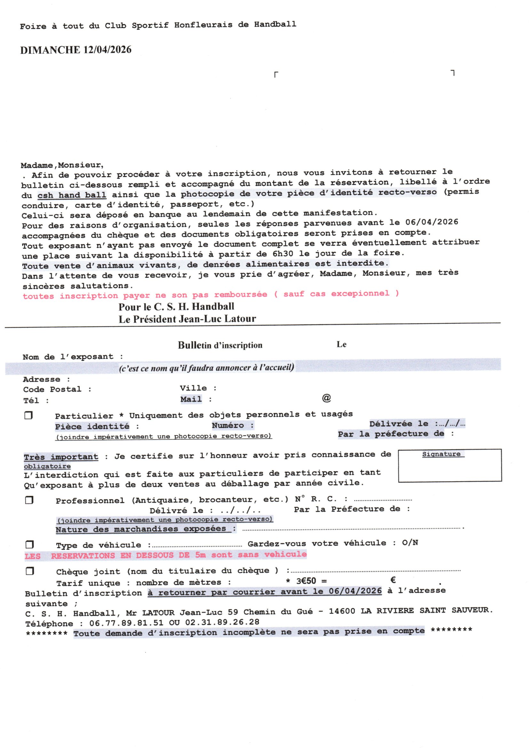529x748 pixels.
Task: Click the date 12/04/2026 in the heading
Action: coord(107,50)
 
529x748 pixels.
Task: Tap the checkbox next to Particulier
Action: coord(29,415)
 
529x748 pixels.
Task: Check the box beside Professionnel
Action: coord(29,500)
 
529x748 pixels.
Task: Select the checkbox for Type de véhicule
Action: coord(30,544)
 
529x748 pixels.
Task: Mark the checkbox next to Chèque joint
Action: coord(30,571)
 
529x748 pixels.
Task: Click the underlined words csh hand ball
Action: coord(72,195)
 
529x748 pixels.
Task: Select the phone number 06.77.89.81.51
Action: coord(126,623)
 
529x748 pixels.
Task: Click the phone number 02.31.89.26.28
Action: coord(222,622)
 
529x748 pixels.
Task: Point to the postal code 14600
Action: coord(342,611)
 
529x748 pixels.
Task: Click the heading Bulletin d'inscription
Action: coord(220,345)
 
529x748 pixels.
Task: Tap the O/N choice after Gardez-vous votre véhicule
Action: coord(410,543)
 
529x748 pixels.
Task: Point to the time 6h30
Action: coord(282,253)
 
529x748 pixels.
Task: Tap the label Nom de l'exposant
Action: coord(68,357)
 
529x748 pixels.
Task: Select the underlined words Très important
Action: coord(61,457)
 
